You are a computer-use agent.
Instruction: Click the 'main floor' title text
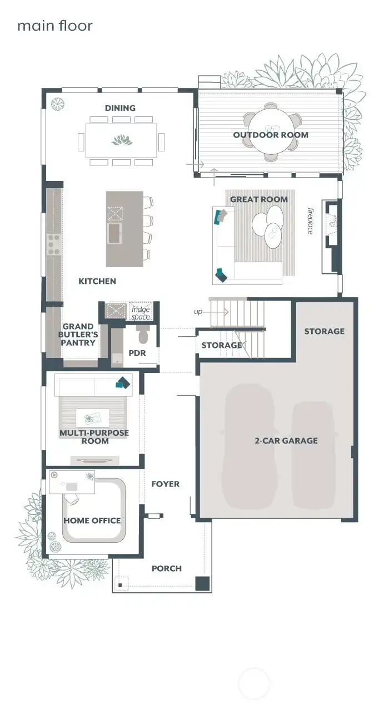[x=54, y=26]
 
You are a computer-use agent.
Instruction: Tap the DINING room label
[x=120, y=108]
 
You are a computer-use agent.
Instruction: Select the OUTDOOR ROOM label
[x=271, y=135]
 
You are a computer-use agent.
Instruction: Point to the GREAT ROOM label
[x=259, y=199]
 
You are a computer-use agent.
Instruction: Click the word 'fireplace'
[x=311, y=220]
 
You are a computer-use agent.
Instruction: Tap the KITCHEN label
[x=97, y=281]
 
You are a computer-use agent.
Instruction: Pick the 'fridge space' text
[x=141, y=313]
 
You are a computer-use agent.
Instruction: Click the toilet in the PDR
[x=143, y=335]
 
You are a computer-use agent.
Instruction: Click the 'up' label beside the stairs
[x=198, y=312]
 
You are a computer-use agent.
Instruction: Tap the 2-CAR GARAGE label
[x=286, y=440]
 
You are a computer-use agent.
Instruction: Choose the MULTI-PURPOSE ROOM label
[x=94, y=436]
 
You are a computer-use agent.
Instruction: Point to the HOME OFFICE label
[x=92, y=521]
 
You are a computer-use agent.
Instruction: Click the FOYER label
[x=166, y=484]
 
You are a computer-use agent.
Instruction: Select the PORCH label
[x=167, y=568]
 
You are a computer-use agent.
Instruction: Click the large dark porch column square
[x=202, y=583]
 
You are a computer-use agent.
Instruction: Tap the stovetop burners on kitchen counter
[x=54, y=244]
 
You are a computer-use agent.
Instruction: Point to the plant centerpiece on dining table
[x=122, y=140]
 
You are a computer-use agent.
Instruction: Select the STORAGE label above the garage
[x=324, y=331]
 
